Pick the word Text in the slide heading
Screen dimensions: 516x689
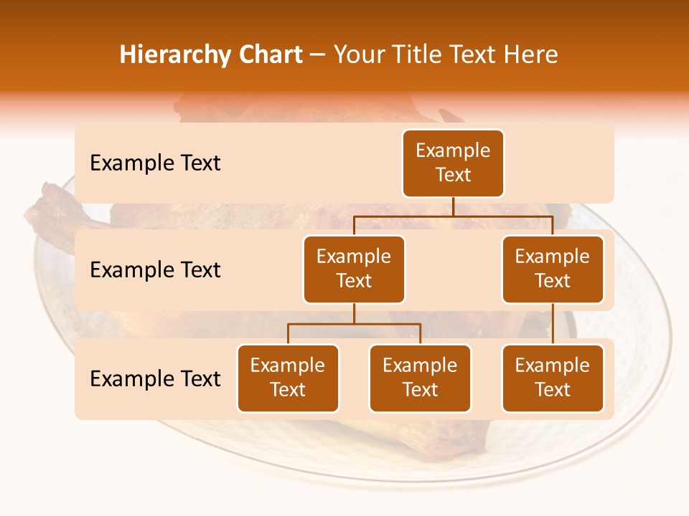pyautogui.click(x=472, y=55)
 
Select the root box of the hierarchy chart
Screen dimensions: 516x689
pyautogui.click(x=453, y=163)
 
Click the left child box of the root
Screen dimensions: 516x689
pyautogui.click(x=354, y=269)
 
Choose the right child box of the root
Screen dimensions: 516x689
pyautogui.click(x=553, y=269)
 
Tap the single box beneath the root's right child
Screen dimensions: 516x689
pyautogui.click(x=553, y=378)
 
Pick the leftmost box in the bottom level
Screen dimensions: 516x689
pyautogui.click(x=288, y=378)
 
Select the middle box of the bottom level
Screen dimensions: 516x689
pyautogui.click(x=420, y=378)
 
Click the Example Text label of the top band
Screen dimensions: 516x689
pyautogui.click(x=155, y=163)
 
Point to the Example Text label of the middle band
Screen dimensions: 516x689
pyautogui.click(x=155, y=270)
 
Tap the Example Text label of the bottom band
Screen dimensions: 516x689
pyautogui.click(x=155, y=378)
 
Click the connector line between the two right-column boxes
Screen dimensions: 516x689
pyautogui.click(x=553, y=324)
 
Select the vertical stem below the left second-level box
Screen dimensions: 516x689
pyautogui.click(x=354, y=314)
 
